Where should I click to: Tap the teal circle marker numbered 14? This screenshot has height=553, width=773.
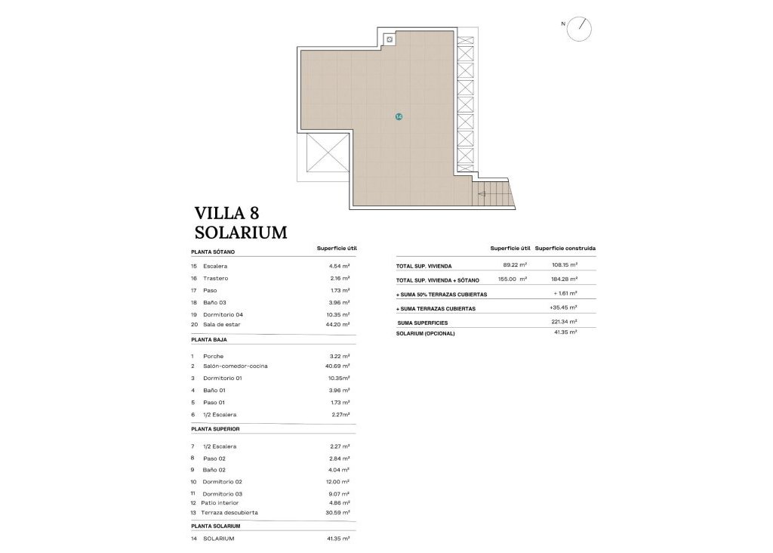399,116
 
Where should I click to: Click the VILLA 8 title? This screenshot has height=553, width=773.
226,212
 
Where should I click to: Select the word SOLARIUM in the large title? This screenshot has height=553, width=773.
241,232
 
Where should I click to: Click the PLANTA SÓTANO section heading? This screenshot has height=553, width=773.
213,252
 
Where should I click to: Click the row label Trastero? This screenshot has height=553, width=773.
215,278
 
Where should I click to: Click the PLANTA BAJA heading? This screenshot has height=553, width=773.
210,340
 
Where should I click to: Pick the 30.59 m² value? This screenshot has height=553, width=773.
334,512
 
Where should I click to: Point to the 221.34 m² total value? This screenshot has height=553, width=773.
564,322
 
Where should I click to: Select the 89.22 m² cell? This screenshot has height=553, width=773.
514,265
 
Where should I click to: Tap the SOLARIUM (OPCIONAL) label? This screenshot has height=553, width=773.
426,333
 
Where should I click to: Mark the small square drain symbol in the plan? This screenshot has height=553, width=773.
390,39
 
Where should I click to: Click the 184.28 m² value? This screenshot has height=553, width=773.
564,280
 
